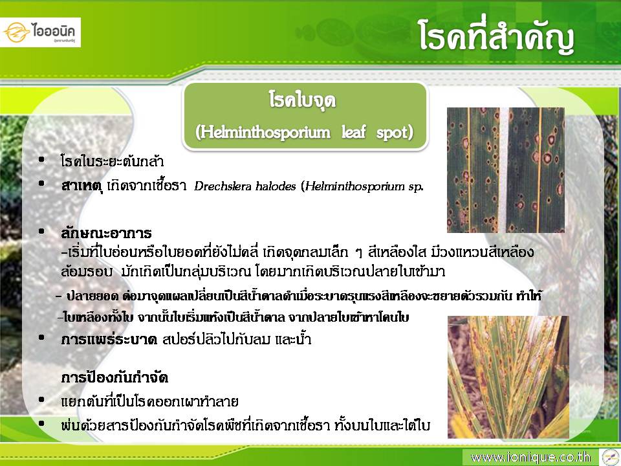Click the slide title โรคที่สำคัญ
point(497,37)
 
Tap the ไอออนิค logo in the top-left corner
point(40,32)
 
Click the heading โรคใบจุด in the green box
point(302,100)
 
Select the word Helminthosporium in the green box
point(263,132)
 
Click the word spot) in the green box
point(395,132)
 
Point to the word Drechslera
point(222,186)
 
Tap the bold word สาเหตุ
point(82,186)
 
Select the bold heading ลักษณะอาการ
point(106,232)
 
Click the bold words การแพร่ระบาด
point(109,339)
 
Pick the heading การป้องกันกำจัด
point(115,377)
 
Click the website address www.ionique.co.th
point(530,458)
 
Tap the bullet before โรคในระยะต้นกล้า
point(41,160)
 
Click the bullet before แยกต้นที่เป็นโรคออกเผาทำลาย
point(41,400)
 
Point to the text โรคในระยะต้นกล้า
point(112,161)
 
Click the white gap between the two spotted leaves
point(503,170)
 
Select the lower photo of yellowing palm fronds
point(508,377)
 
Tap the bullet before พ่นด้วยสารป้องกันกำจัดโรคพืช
point(41,423)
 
